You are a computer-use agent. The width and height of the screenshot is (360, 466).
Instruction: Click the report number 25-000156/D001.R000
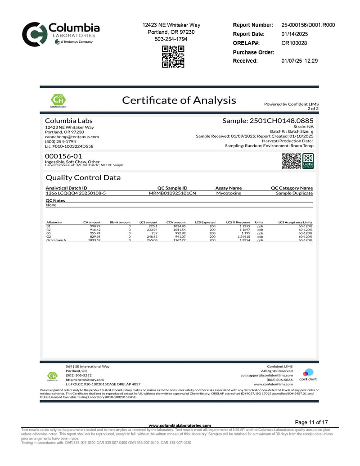308,25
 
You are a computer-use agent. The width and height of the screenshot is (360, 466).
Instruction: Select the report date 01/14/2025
295,34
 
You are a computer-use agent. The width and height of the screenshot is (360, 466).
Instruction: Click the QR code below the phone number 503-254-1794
173,57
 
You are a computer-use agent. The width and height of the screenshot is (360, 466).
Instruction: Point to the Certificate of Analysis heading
179,100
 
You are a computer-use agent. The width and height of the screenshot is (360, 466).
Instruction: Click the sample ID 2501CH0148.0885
268,121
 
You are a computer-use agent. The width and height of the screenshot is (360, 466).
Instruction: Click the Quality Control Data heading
83,177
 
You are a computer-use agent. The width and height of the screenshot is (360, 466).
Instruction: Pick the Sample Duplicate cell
294,193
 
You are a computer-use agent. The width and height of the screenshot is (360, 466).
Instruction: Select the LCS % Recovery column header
238,222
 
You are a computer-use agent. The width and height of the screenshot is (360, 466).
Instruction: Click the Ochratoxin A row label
56,240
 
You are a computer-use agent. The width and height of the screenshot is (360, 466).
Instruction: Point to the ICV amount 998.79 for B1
94,226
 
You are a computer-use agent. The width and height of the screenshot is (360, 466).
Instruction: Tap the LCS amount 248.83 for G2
151,237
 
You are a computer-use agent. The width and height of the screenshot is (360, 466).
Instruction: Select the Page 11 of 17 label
311,422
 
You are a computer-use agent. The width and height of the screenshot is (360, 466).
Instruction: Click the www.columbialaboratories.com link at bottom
180,425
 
